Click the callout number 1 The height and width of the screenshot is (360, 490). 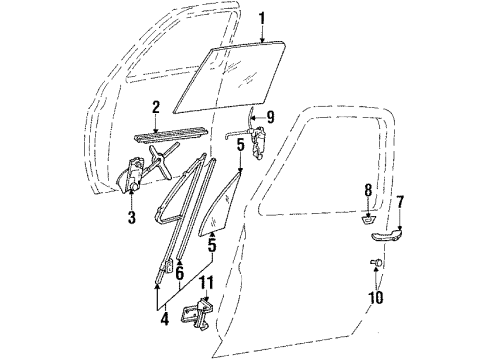[263, 18]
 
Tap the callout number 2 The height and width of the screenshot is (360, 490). [156, 106]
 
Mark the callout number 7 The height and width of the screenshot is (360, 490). [400, 203]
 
